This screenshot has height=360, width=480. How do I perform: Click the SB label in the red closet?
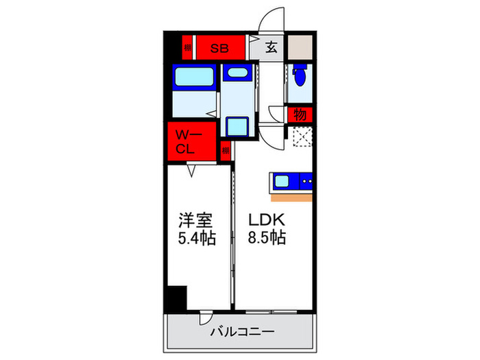[x=219, y=48]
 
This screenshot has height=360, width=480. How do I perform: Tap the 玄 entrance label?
[x=272, y=48]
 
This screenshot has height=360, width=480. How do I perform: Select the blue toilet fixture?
[x=298, y=77]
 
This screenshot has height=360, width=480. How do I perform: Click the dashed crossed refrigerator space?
[x=302, y=138]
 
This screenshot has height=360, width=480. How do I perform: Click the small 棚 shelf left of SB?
[x=187, y=48]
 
